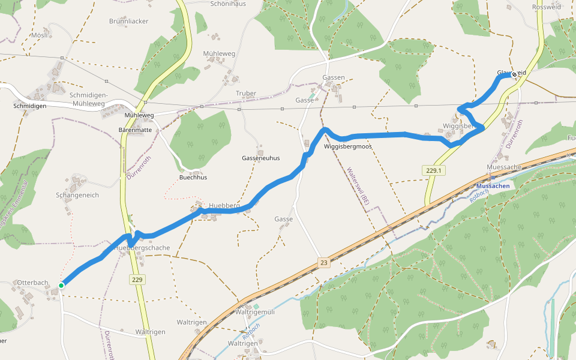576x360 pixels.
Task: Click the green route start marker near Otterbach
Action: [61, 286]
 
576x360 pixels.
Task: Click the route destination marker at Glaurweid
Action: [514, 75]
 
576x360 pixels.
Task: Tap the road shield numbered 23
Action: [324, 263]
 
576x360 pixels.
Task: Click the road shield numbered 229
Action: [137, 280]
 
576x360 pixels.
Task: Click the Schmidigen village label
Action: [30, 106]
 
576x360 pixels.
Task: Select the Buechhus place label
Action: [193, 178]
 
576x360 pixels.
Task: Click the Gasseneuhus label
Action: [261, 158]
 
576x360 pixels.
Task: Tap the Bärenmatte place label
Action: [135, 130]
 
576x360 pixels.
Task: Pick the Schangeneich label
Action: [77, 195]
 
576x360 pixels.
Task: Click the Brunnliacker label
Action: [128, 21]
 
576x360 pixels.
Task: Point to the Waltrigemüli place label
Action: [254, 312]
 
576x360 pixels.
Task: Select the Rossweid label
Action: [546, 7]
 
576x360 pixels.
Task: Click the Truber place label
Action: [246, 93]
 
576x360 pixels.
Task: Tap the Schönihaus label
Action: [228, 4]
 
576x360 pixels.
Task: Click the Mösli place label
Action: [39, 35]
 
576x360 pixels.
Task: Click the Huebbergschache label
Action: [142, 248]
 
